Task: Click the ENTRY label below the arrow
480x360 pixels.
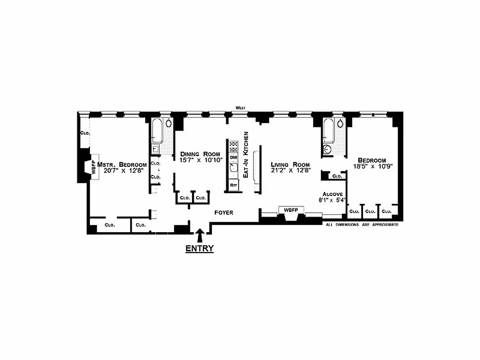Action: click(200, 248)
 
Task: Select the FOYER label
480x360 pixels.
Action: click(224, 212)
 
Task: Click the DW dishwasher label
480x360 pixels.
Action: click(233, 157)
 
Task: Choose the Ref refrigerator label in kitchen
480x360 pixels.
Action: click(233, 185)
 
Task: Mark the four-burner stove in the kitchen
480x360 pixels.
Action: click(233, 146)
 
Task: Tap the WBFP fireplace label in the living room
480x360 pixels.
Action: click(291, 210)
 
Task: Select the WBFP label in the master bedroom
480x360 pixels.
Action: click(94, 167)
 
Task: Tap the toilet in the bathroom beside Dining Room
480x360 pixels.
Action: click(169, 123)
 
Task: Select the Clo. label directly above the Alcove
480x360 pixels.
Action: click(336, 176)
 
